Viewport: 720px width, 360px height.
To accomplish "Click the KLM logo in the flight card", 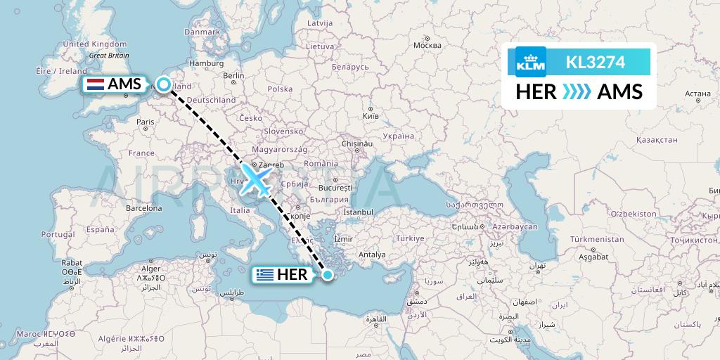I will coord(530,62).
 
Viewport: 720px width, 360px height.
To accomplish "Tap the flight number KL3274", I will coord(595,63).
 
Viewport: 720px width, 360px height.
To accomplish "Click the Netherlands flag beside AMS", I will coord(95,84).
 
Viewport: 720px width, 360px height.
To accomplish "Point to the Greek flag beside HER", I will coord(265,274).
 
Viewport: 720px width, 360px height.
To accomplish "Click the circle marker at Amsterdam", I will coord(164,84).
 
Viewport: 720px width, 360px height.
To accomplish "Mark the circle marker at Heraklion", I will coord(328,274).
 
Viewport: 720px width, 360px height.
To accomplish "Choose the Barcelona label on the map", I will coord(143,208).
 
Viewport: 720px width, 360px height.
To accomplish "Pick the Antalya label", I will coord(372,254).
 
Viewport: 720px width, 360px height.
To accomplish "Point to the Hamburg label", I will coord(206,63).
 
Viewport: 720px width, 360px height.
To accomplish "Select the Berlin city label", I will coord(233,76).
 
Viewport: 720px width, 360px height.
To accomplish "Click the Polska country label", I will coord(280,89).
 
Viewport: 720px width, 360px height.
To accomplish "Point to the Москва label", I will coord(427,46).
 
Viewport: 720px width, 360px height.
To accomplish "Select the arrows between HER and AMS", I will coord(576,92).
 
